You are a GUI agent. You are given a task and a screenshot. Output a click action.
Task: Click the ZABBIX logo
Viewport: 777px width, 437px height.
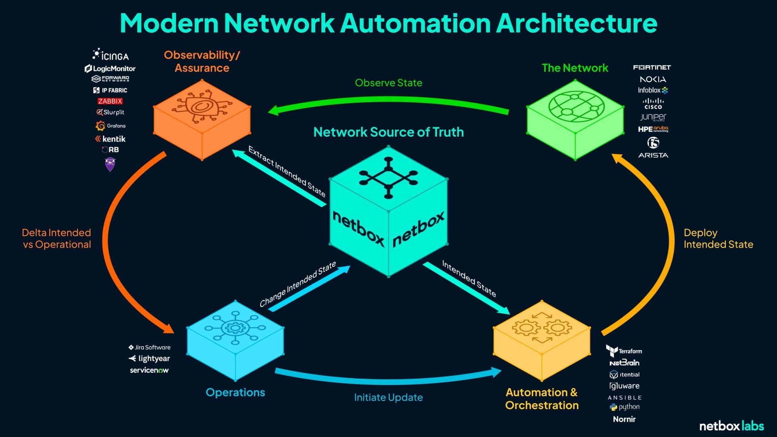tap(110, 101)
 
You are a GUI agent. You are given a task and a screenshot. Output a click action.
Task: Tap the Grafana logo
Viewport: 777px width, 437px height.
tap(110, 126)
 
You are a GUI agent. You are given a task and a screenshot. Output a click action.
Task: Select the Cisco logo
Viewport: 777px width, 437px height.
tap(653, 104)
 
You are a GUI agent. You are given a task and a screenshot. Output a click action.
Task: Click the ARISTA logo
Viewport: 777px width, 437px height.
tap(653, 155)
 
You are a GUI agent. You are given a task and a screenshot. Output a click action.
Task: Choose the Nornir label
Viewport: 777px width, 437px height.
tap(624, 419)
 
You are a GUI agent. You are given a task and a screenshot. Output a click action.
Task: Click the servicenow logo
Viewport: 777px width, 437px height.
tap(149, 370)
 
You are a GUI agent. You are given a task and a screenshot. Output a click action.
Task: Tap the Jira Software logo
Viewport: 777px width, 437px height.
tap(149, 347)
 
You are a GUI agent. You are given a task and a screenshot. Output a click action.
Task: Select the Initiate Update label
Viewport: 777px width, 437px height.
tap(388, 397)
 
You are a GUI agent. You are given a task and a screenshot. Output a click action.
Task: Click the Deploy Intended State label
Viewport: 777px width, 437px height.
tap(718, 238)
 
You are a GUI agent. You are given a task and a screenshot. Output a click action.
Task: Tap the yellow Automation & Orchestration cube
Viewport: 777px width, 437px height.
tap(541, 340)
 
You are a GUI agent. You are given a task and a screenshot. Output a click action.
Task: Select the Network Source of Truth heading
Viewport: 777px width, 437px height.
tap(388, 132)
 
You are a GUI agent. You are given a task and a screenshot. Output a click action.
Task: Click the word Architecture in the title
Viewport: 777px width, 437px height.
tap(576, 23)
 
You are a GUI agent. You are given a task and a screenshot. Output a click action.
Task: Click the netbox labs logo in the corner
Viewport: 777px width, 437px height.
tap(731, 426)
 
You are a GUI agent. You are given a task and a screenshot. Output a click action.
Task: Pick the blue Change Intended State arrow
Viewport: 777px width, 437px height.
tap(310, 289)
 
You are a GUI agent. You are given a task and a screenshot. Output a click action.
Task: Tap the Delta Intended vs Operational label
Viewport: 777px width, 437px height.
tap(57, 238)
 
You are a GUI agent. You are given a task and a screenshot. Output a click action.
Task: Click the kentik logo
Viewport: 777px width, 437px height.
tap(110, 139)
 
